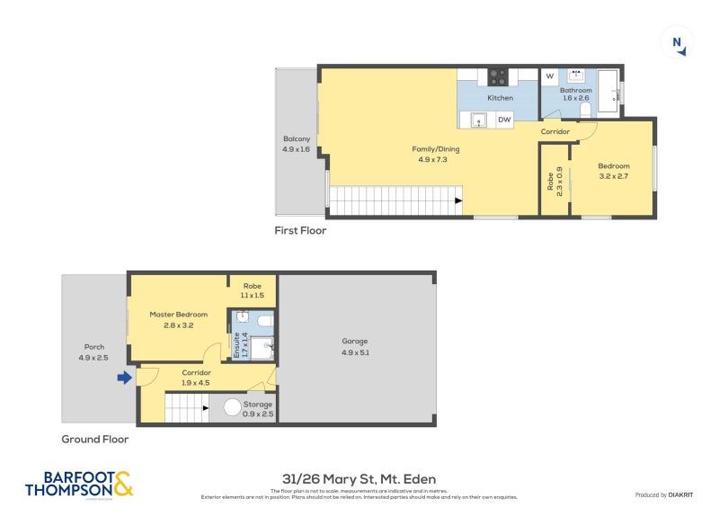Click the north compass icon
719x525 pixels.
pyautogui.click(x=677, y=43)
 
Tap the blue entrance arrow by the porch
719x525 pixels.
pyautogui.click(x=123, y=378)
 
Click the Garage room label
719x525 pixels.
pyautogui.click(x=355, y=341)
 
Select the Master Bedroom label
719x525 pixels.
pyautogui.click(x=178, y=314)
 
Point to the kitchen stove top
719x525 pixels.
pyautogui.click(x=498, y=76)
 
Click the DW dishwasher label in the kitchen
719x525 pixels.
pyautogui.click(x=503, y=120)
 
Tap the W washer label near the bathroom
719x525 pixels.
pyautogui.click(x=549, y=76)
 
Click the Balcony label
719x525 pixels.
pyautogui.click(x=297, y=138)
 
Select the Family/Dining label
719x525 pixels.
pyautogui.click(x=430, y=148)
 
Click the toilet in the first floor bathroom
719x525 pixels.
pyautogui.click(x=585, y=109)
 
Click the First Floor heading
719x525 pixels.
pyautogui.click(x=300, y=231)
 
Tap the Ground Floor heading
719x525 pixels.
pyautogui.click(x=94, y=440)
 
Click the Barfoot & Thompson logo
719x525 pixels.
pyautogui.click(x=78, y=484)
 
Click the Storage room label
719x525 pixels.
pyautogui.click(x=258, y=405)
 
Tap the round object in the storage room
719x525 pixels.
pyautogui.click(x=232, y=407)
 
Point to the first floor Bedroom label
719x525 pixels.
pyautogui.click(x=614, y=166)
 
